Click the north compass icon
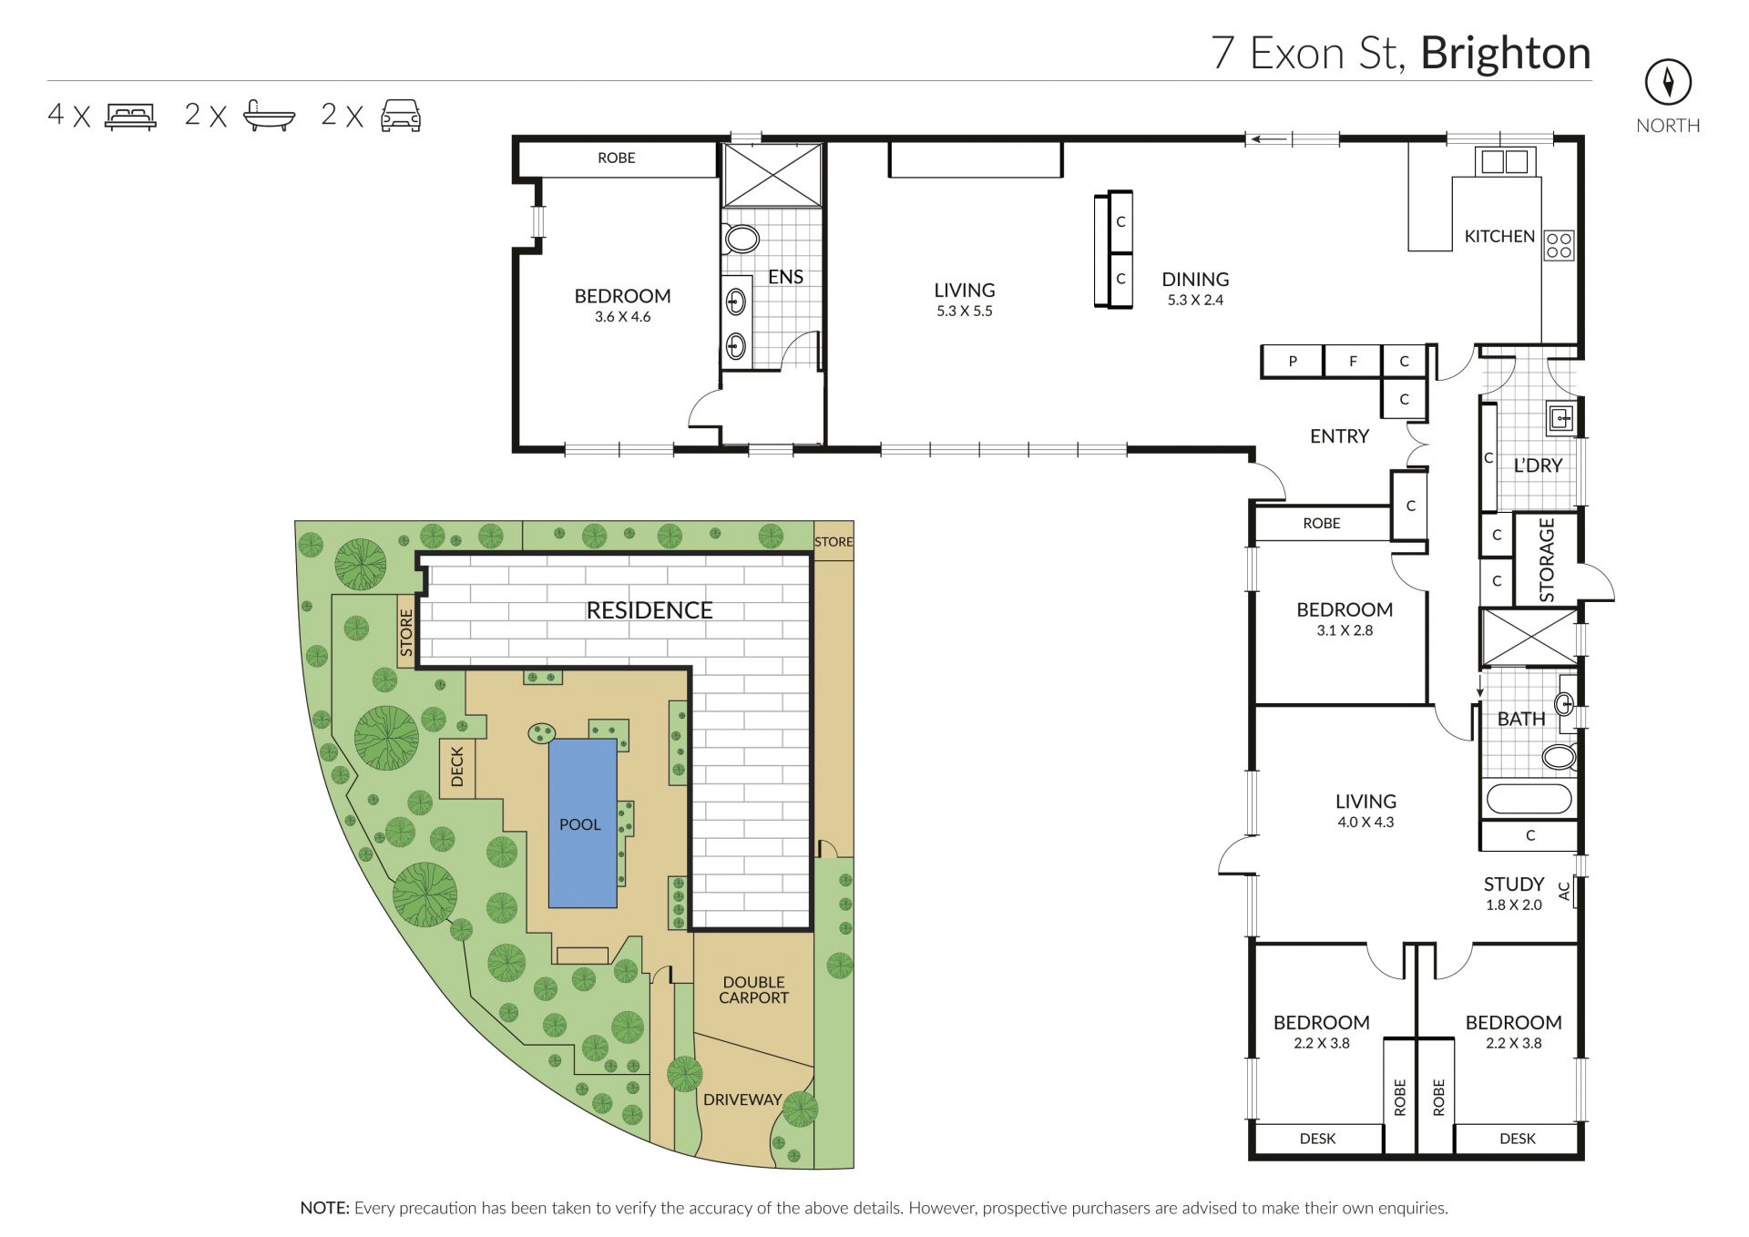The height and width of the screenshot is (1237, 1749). (1668, 83)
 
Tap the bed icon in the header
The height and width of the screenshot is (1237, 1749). (130, 116)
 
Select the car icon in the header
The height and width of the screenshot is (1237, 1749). (401, 116)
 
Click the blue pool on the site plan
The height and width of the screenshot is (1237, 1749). (582, 823)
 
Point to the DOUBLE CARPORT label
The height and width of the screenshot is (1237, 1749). (753, 990)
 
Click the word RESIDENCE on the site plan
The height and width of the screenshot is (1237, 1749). (649, 610)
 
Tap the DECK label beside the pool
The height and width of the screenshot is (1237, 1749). (457, 767)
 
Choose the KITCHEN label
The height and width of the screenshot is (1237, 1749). (1499, 236)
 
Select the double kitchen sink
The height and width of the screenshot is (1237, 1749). (1505, 161)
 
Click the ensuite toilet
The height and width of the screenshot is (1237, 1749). (742, 240)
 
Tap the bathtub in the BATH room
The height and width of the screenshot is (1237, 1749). (1529, 800)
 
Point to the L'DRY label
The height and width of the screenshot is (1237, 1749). (1538, 465)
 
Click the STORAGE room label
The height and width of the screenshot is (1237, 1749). (1547, 560)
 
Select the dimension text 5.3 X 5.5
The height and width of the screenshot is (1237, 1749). (965, 311)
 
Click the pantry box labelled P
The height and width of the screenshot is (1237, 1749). (1292, 362)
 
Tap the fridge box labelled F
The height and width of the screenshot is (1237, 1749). (1353, 362)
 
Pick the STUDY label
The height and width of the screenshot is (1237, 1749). (1514, 884)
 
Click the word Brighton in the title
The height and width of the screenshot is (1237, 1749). (1506, 54)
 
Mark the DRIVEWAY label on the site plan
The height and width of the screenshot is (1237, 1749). (742, 1099)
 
